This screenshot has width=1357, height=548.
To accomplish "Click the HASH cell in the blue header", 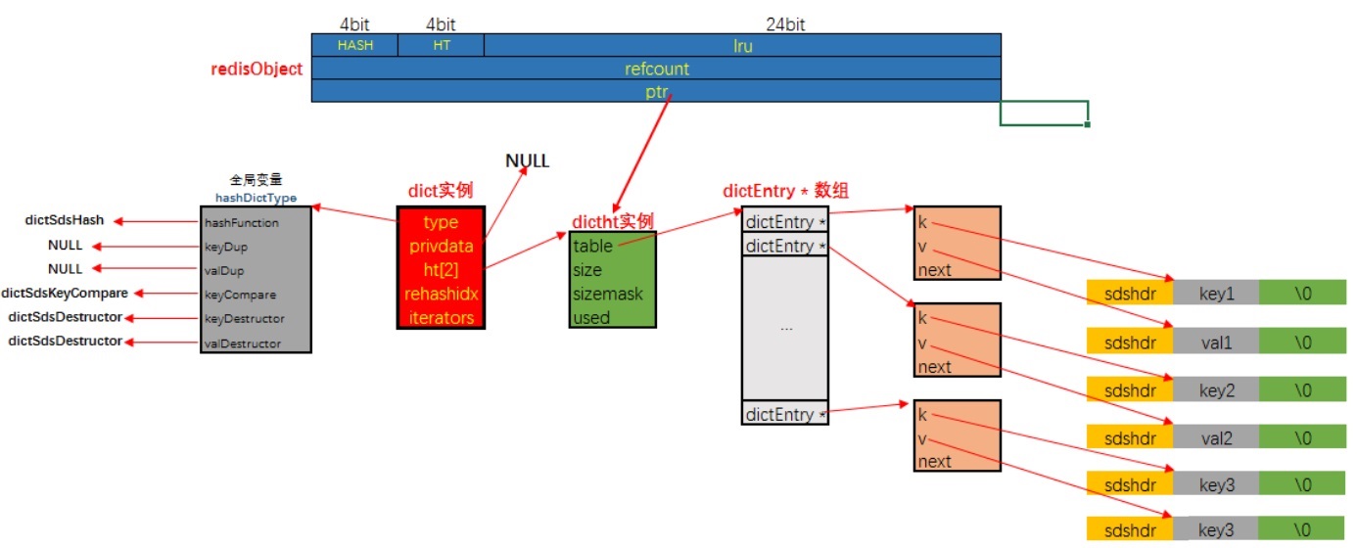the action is point(355,45).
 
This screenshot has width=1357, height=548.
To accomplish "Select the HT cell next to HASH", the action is point(441,45).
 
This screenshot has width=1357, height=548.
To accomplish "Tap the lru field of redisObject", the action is point(742,45).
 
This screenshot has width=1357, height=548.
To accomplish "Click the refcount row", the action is point(656,68).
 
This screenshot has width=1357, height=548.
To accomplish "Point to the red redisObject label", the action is point(257,69).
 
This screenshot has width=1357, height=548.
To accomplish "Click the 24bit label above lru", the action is point(785,24).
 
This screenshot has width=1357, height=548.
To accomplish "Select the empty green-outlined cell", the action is point(1044,114).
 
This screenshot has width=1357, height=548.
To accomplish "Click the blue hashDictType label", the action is point(256,198).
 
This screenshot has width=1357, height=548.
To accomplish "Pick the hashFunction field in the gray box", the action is point(242,223).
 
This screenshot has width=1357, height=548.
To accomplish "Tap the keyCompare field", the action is point(240,295).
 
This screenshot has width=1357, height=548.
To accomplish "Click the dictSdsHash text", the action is point(65,220).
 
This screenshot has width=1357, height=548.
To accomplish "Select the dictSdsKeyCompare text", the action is point(65,293).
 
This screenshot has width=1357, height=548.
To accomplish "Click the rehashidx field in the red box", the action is point(441,294).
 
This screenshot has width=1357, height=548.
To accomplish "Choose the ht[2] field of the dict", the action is point(441,269).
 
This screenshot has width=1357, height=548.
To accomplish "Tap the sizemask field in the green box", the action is point(608,294).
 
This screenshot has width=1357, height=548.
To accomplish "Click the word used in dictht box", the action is point(591,317).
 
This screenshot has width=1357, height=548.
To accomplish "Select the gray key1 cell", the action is point(1216,293).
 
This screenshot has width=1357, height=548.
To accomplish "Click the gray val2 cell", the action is point(1216,437).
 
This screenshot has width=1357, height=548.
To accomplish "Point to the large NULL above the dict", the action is point(527,160).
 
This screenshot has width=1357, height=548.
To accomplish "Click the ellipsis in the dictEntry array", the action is point(786,329).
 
